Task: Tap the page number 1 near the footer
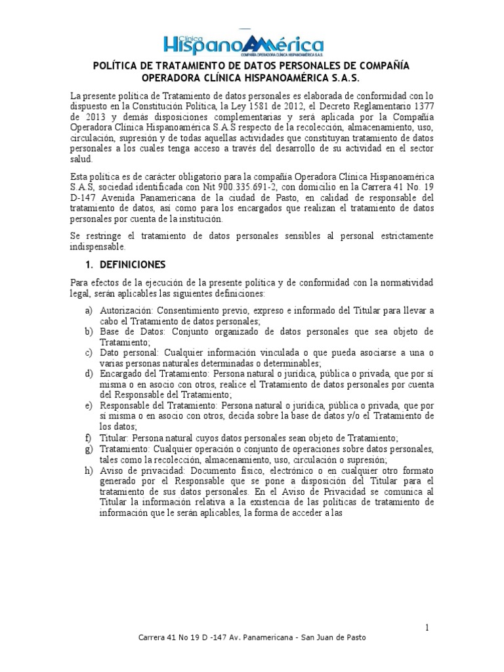[427, 628]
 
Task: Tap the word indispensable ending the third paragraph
[96, 247]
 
